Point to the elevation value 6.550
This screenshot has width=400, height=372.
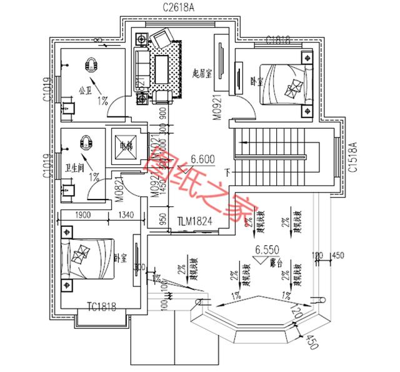click(266, 249)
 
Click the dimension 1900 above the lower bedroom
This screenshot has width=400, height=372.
click(81, 216)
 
